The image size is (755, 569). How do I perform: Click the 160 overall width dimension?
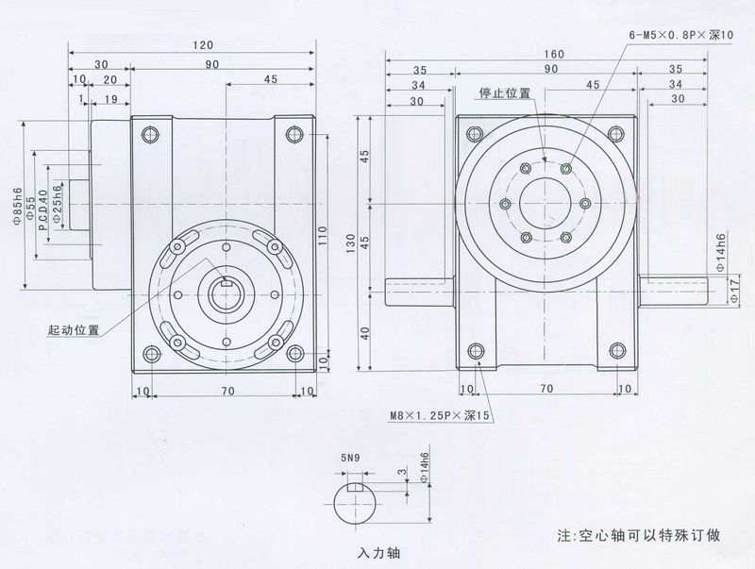pos(554,54)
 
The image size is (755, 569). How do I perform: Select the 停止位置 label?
pos(503,93)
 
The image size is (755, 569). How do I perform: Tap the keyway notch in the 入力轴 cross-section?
pos(356,489)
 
